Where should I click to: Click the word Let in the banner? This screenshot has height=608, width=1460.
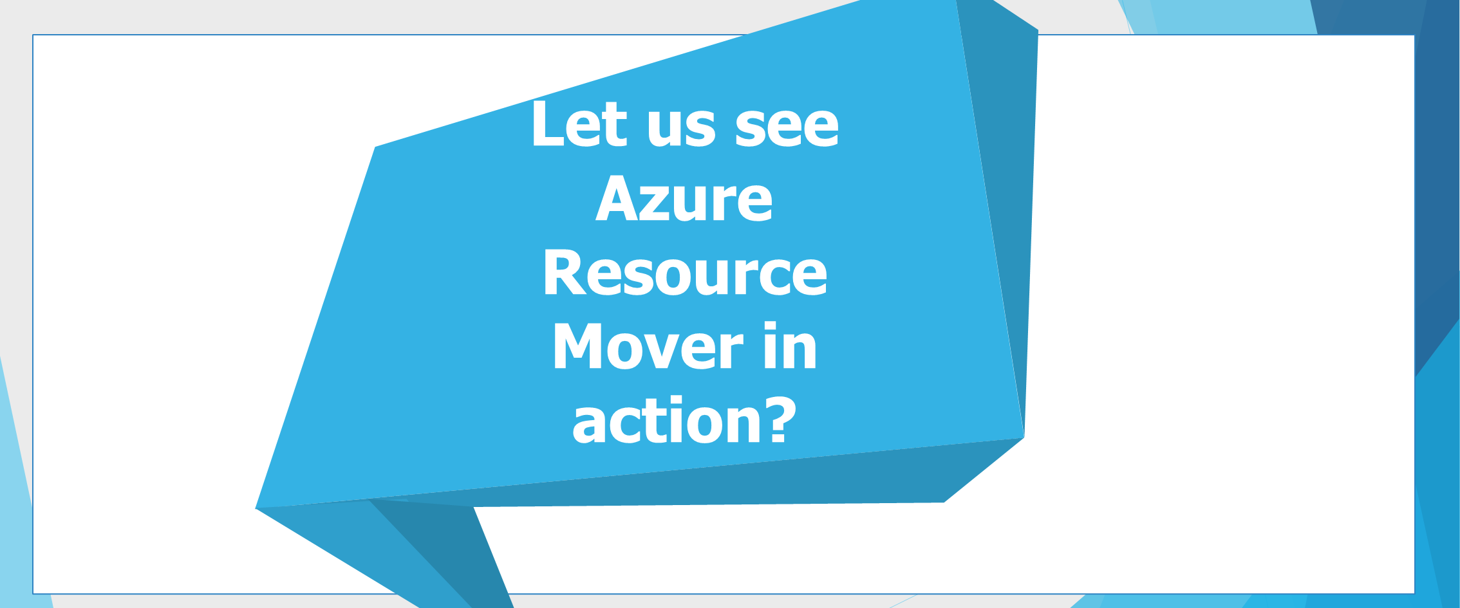click(x=579, y=124)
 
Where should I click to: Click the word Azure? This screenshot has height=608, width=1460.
click(x=684, y=198)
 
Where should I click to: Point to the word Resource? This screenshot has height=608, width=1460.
click(x=686, y=272)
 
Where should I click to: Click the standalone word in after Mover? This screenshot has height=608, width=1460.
click(x=791, y=345)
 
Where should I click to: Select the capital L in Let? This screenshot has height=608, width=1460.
click(x=548, y=124)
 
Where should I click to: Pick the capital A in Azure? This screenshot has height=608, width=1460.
click(x=616, y=198)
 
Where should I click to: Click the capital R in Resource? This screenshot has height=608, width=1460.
click(x=565, y=272)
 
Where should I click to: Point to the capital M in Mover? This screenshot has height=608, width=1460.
click(x=577, y=345)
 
